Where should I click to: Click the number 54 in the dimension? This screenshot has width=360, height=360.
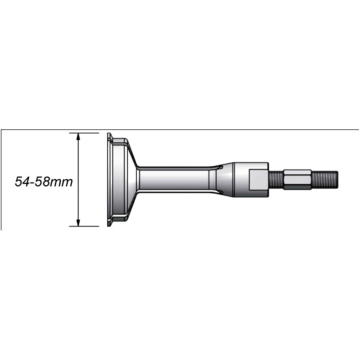pos(22,182)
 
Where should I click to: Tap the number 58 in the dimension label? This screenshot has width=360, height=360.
pos(42,182)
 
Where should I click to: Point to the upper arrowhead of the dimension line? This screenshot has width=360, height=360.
pos(78,136)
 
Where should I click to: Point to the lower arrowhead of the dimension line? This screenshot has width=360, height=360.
pos(78,223)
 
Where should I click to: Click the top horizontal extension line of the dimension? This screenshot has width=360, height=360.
pos(84,133)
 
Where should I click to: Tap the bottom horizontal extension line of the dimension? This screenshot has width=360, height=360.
pos(84,226)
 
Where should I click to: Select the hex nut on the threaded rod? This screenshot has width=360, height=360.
pos(298,179)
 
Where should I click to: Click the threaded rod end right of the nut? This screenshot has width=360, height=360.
pos(325,179)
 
